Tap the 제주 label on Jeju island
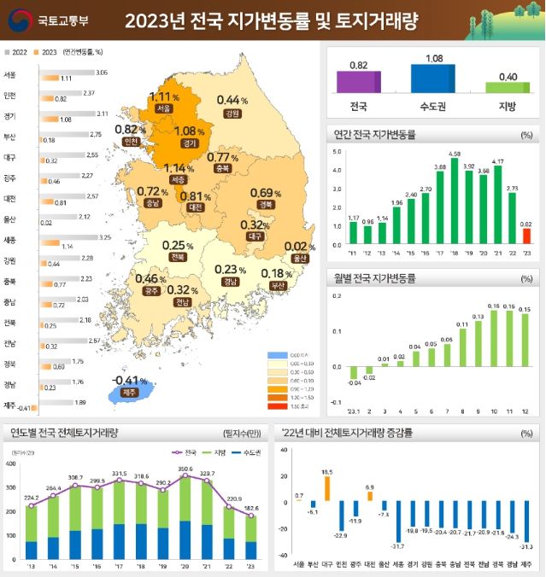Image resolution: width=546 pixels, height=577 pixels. (129, 393)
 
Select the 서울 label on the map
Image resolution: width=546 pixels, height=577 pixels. (165, 109)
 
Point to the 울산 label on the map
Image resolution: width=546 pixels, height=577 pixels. (297, 257)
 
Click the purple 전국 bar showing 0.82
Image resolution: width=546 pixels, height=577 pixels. (358, 82)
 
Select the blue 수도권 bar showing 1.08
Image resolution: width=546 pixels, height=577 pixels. (433, 78)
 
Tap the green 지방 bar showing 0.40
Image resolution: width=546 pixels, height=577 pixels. (508, 86)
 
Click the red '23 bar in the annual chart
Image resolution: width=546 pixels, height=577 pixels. (527, 236)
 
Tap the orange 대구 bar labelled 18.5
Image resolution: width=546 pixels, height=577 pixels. (327, 488)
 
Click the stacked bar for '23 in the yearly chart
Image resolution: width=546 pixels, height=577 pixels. (250, 538)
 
